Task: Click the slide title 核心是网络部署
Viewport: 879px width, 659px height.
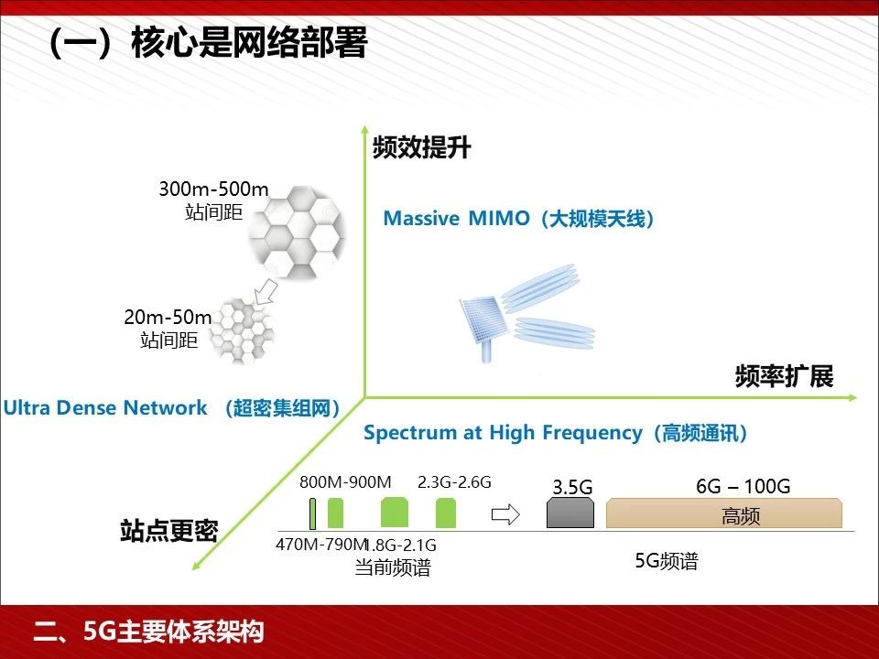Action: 249,43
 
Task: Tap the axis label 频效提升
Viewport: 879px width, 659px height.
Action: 421,147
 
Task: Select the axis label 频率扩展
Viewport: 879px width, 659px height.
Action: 785,376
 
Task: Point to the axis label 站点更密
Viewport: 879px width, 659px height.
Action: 168,530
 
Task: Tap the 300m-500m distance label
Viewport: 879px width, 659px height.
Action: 213,189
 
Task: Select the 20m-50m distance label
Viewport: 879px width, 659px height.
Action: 168,318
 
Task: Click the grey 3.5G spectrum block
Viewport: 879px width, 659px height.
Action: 570,513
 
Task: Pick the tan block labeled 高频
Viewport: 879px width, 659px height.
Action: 724,513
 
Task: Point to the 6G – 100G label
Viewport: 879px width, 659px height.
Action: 743,486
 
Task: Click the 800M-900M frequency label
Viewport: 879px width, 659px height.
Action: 345,482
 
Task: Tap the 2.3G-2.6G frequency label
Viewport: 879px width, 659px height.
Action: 454,482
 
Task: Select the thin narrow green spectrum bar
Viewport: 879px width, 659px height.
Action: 312,513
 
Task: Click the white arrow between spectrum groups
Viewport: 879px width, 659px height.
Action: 505,514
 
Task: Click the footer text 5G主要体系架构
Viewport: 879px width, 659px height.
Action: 173,632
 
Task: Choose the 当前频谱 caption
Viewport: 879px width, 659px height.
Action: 393,567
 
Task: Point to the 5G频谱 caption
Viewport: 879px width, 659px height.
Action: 667,561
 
